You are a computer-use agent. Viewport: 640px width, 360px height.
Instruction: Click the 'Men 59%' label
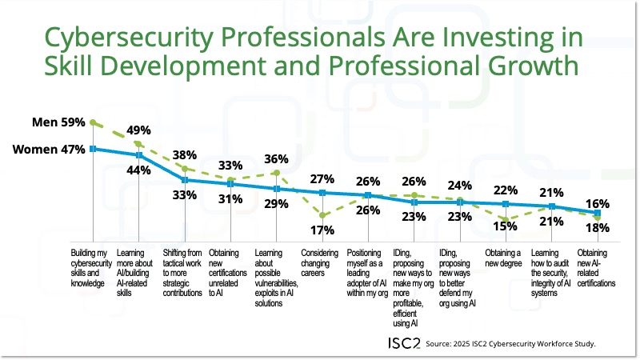(x=58, y=123)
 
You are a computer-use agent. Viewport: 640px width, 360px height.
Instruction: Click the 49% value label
(x=160, y=131)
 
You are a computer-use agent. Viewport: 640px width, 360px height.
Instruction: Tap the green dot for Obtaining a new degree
(x=506, y=218)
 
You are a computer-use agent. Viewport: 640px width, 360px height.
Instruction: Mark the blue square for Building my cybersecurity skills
(x=94, y=148)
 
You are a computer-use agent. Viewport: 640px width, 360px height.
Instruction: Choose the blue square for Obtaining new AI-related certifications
(x=598, y=212)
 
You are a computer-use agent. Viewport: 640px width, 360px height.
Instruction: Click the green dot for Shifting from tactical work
(x=186, y=168)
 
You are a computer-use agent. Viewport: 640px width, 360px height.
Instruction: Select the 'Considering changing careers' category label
(x=322, y=262)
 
